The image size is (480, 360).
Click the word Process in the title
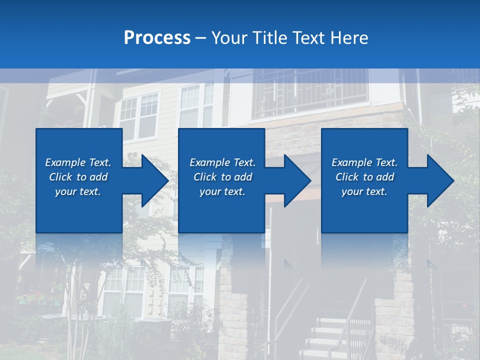(157, 38)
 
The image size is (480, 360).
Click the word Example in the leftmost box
(65, 162)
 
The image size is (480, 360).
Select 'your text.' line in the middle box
(222, 191)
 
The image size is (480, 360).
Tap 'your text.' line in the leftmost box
(78, 191)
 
